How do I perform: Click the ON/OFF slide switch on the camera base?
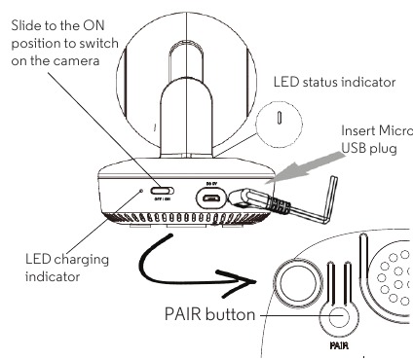click(x=163, y=192)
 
